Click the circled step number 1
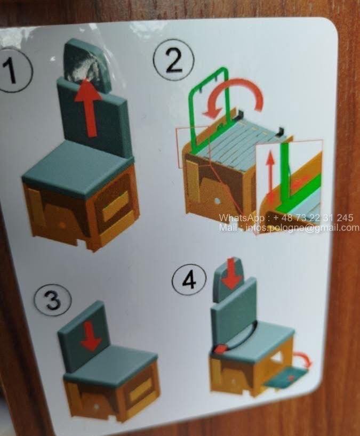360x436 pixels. click(12, 70)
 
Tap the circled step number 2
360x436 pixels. click(173, 60)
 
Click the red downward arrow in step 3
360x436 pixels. click(91, 336)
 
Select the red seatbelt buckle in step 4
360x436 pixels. click(221, 349)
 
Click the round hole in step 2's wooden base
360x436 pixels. click(218, 201)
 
